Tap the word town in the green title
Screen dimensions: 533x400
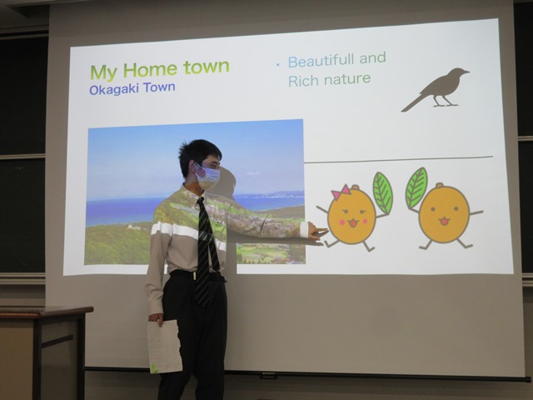click(x=207, y=67)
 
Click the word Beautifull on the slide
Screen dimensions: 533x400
click(x=321, y=61)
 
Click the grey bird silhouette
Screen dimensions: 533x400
click(x=436, y=89)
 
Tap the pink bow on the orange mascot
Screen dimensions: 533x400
click(x=341, y=192)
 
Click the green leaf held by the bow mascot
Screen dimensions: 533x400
click(x=383, y=192)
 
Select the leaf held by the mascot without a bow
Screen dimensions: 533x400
click(x=416, y=187)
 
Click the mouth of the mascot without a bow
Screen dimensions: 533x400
click(x=444, y=222)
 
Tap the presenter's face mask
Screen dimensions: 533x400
click(x=207, y=177)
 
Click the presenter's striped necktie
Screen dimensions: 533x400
click(x=206, y=248)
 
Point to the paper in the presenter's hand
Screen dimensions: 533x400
click(x=165, y=347)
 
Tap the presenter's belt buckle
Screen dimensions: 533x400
click(x=195, y=276)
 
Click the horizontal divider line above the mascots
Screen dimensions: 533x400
click(x=398, y=159)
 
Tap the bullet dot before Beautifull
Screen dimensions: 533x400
click(x=278, y=64)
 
